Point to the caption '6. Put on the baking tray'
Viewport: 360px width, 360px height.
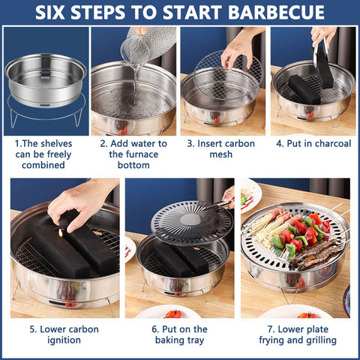coord(179,334)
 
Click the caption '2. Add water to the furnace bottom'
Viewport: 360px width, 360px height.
coord(133,153)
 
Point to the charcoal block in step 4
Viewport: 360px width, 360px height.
coord(304,88)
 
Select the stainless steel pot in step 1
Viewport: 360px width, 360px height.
coord(44,75)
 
